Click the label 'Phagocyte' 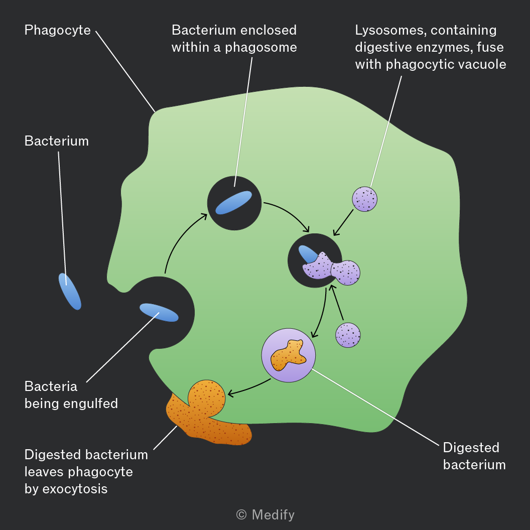tap(57, 31)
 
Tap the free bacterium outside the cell tap(70, 292)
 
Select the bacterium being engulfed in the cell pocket tap(159, 312)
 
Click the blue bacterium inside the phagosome tap(234, 202)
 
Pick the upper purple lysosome tap(365, 199)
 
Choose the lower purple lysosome tap(348, 335)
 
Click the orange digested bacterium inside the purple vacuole tap(288, 355)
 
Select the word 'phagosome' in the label tap(261, 48)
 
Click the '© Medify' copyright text tap(266, 515)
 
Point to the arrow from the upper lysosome tap(343, 223)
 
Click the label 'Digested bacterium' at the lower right tap(474, 456)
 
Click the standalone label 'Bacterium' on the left tap(56, 141)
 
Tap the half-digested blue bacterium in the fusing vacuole tap(307, 254)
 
